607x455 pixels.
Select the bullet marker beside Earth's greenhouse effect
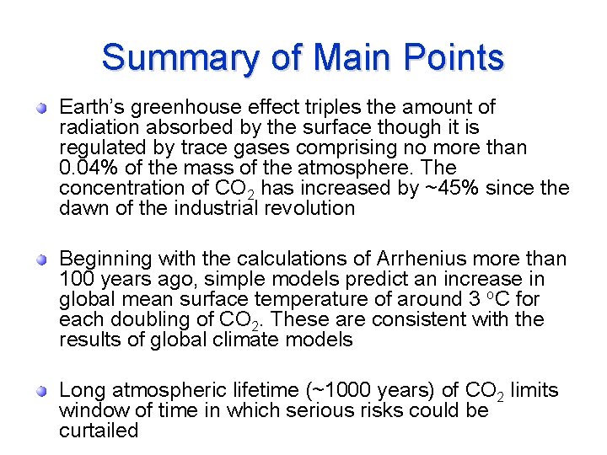click(40, 108)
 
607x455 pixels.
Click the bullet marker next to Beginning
click(40, 260)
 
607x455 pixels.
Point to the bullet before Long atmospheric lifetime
click(40, 391)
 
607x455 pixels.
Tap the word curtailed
click(99, 431)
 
